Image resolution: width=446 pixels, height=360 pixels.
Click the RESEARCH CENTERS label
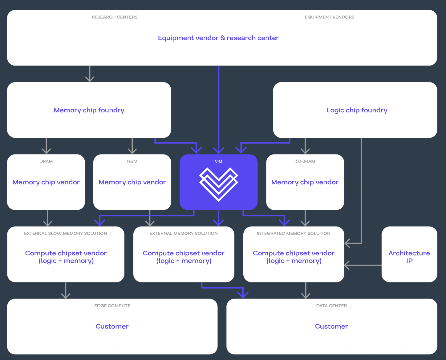tap(115, 17)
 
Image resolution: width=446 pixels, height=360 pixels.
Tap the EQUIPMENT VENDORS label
tap(330, 17)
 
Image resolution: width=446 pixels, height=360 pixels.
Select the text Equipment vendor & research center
tap(218, 38)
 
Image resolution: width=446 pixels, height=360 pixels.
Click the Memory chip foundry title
tap(89, 110)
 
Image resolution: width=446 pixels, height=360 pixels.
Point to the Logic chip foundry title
tap(357, 110)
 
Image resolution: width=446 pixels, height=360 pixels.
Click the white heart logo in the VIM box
tap(219, 184)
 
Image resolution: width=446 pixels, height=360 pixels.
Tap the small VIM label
tap(218, 162)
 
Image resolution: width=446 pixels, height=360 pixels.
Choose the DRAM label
tap(46, 161)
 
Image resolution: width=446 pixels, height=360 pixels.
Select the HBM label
tap(132, 161)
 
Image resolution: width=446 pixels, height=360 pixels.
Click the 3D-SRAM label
tap(305, 161)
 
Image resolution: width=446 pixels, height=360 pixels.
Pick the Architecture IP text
tap(409, 257)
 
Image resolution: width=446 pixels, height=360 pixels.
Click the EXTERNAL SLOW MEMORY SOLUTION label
tap(66, 234)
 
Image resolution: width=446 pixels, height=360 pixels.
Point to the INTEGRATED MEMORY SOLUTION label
tap(294, 234)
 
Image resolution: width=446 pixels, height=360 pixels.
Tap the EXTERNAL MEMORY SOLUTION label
tap(184, 234)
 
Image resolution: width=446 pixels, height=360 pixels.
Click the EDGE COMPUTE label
tap(112, 306)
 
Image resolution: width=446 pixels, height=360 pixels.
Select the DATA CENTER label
tap(331, 306)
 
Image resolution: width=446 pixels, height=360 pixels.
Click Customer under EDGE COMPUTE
tap(112, 326)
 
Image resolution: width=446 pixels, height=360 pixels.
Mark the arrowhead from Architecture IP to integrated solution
tap(347, 265)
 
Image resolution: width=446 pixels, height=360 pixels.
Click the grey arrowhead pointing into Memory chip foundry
tap(90, 79)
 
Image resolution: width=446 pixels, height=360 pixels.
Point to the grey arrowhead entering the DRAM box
tap(46, 151)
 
